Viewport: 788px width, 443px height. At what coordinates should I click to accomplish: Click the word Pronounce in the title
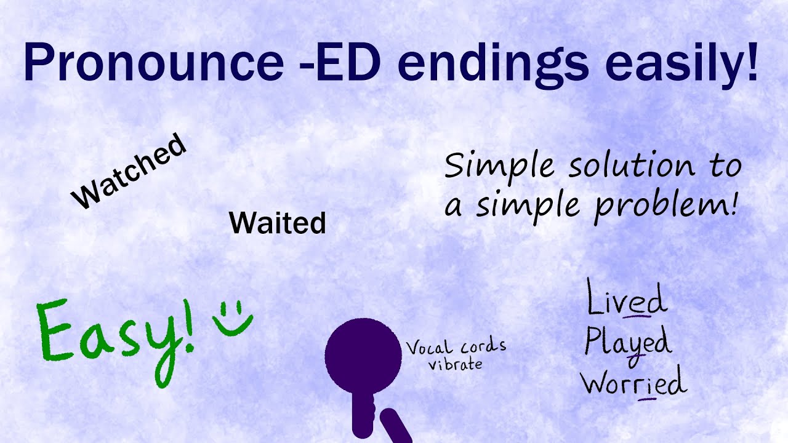click(153, 63)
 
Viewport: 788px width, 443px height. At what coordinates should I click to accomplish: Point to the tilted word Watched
click(129, 171)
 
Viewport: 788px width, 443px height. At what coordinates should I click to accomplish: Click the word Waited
click(277, 223)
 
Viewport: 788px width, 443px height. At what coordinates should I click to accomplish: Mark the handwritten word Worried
click(633, 383)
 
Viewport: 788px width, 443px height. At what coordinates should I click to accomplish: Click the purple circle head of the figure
click(363, 355)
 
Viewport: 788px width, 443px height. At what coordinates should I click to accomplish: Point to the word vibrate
click(456, 364)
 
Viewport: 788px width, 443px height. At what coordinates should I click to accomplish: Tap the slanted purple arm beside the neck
click(396, 427)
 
